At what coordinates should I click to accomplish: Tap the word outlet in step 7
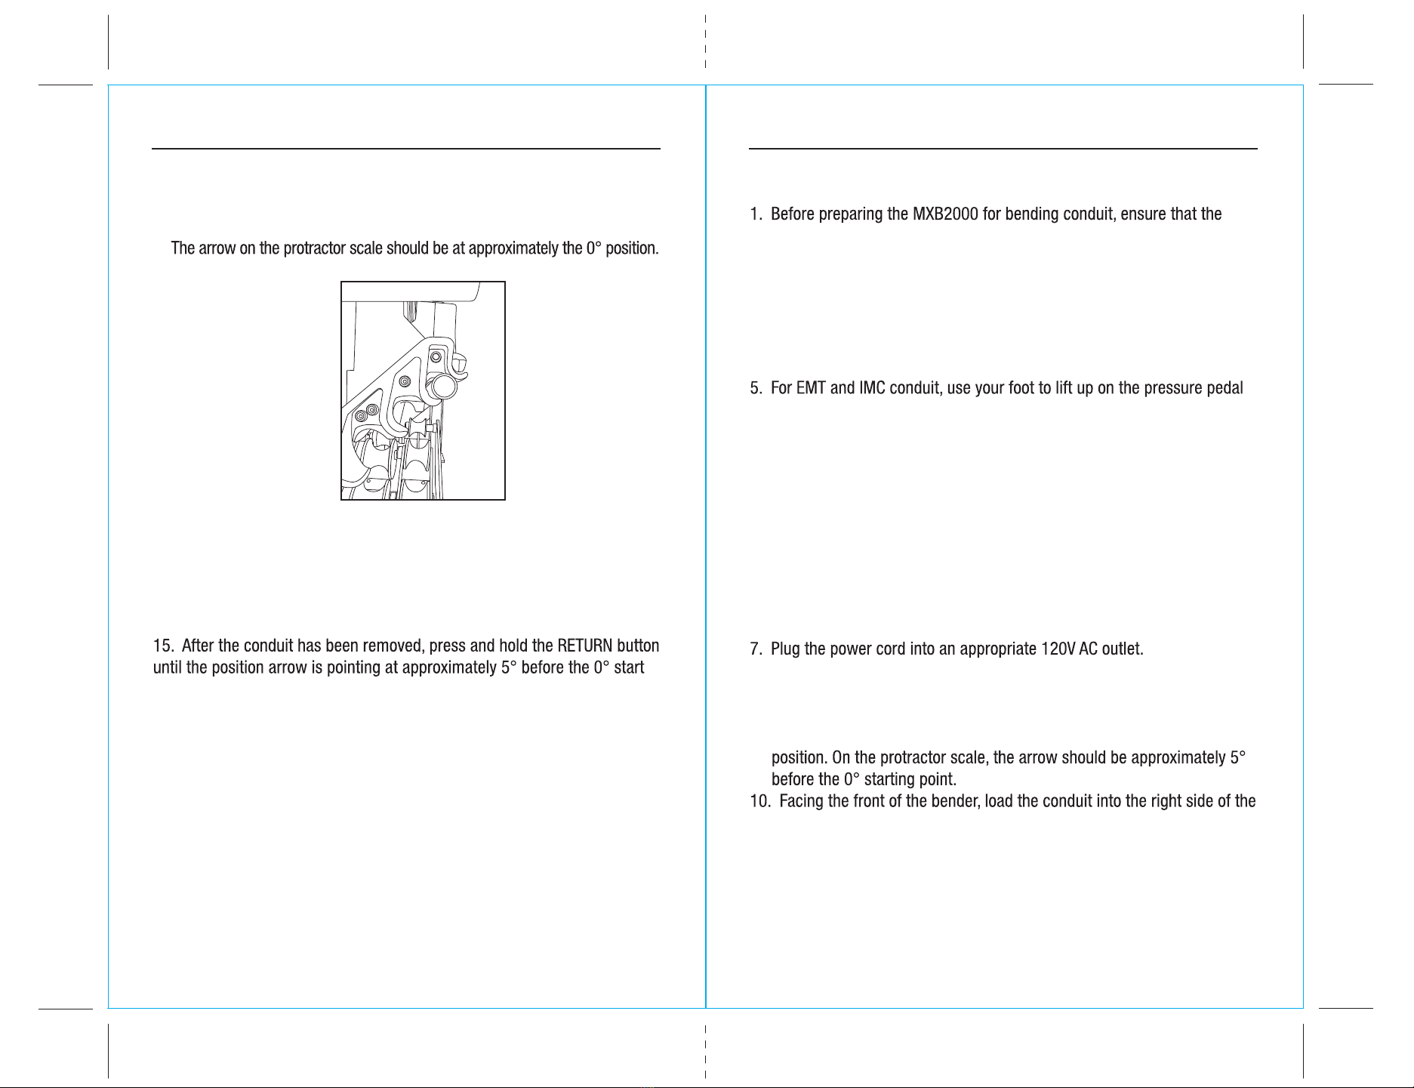1123,649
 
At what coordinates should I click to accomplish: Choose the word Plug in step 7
785,650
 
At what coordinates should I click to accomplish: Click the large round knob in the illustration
444,387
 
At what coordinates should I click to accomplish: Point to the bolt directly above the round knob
436,355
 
